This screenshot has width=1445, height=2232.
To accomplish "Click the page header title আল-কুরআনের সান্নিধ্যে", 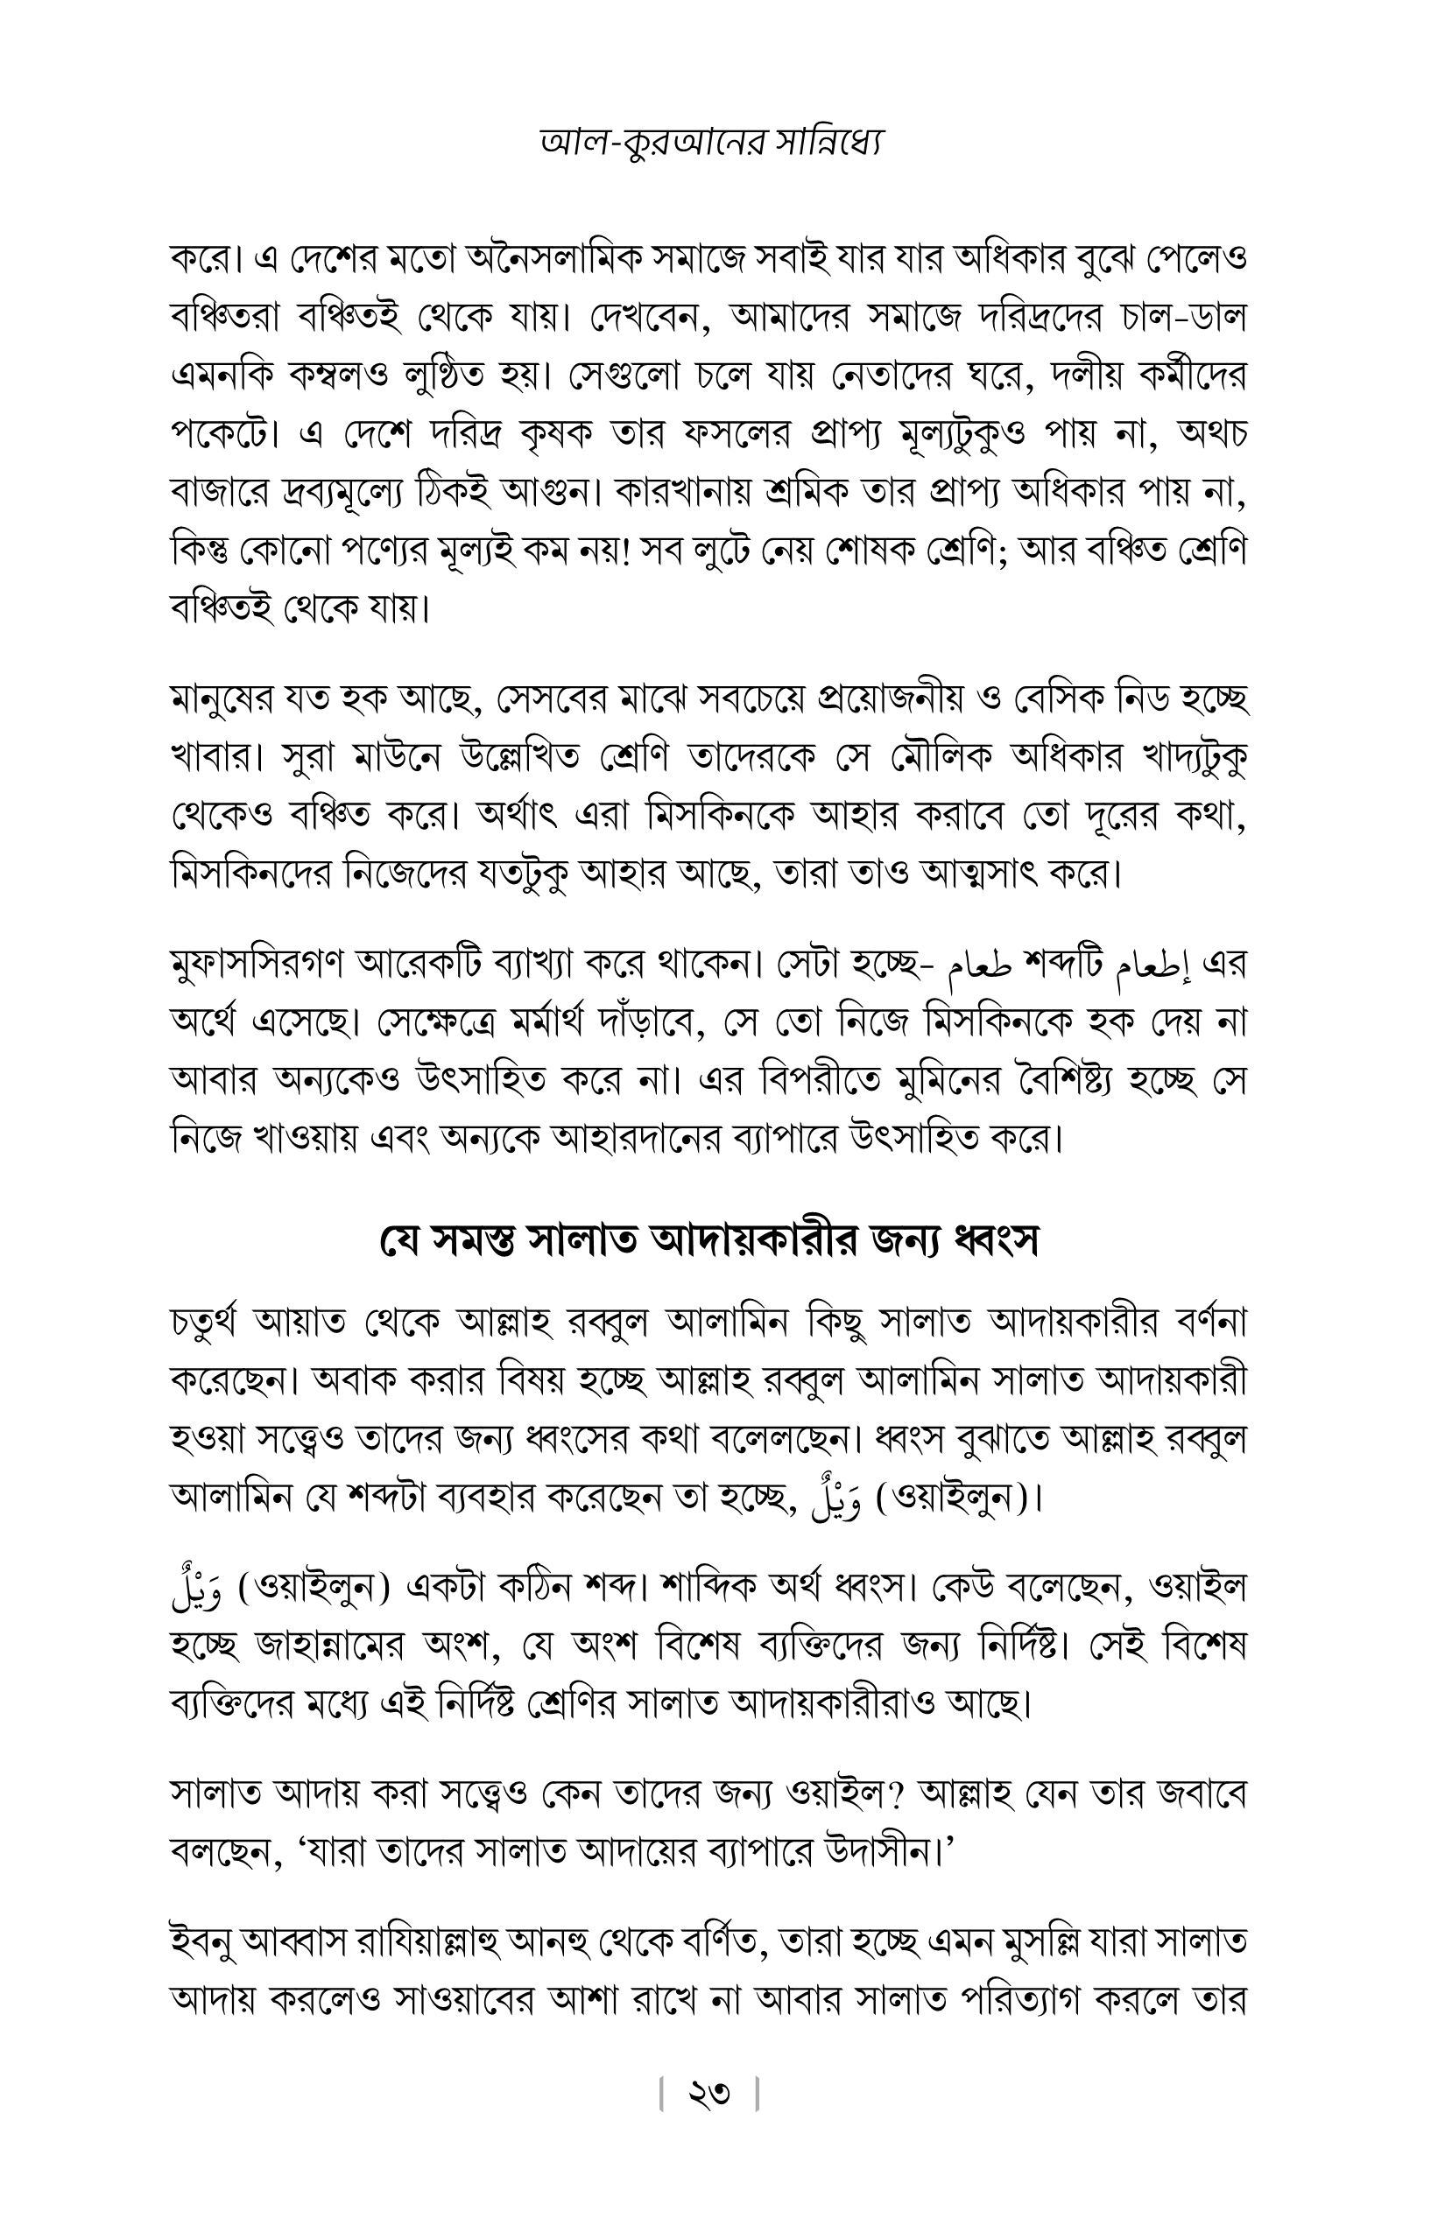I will click(711, 142).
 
